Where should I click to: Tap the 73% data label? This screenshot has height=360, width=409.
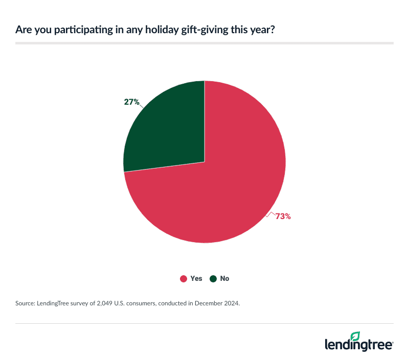tap(283, 217)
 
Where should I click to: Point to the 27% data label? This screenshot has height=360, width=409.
tap(131, 102)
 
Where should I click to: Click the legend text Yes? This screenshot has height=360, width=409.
tap(196, 279)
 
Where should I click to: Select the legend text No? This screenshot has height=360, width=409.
tap(224, 279)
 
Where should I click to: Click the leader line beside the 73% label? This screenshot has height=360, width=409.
tap(270, 214)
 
